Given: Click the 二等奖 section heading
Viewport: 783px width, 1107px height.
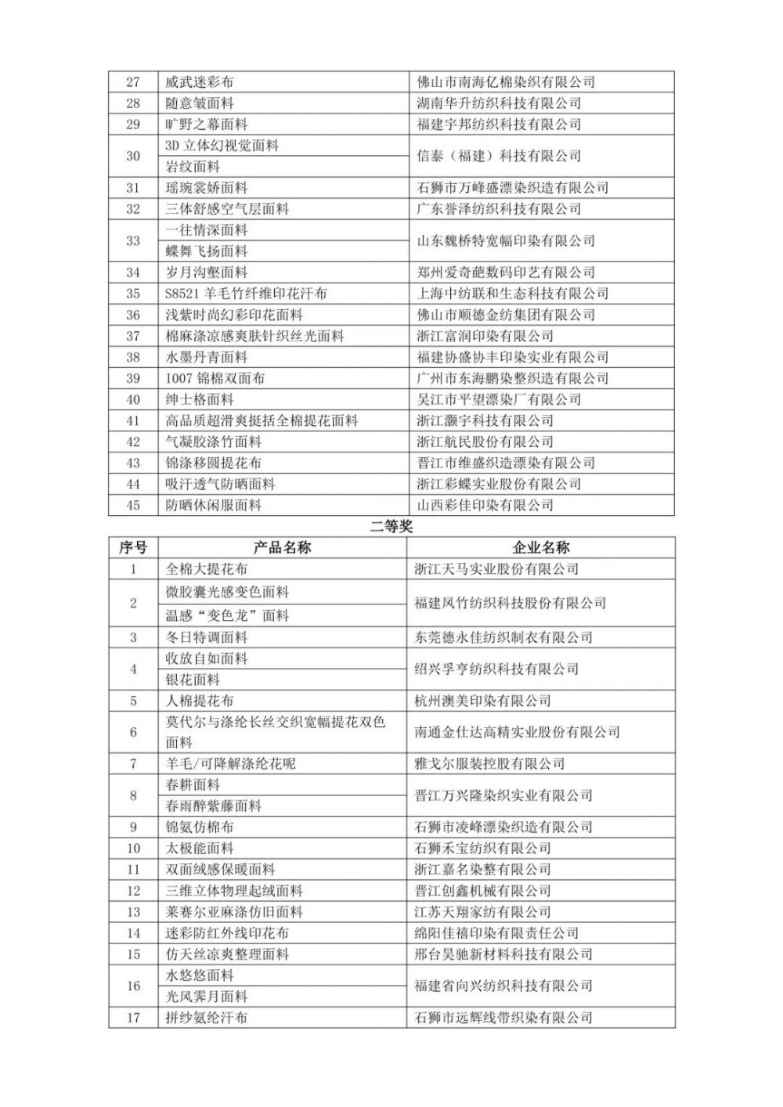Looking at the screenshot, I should (391, 527).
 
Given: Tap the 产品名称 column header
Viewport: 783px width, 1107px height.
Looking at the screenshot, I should (282, 547).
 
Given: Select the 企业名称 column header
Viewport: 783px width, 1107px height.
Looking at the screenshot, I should (540, 547).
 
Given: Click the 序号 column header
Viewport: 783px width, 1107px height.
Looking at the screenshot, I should (132, 547).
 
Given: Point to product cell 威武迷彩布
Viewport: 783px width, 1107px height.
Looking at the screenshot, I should (200, 82).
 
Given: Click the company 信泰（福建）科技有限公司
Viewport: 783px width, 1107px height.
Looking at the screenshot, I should (498, 156).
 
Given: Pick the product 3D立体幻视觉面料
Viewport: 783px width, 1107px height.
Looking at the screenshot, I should (222, 146).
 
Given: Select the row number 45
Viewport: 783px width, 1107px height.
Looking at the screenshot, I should (132, 505).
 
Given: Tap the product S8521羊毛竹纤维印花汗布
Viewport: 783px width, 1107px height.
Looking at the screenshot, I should (246, 294).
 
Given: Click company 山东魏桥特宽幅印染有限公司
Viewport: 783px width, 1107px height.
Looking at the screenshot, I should (505, 240).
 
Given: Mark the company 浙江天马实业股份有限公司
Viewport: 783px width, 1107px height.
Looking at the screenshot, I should (496, 569).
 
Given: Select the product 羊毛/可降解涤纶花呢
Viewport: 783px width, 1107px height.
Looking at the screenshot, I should (230, 763).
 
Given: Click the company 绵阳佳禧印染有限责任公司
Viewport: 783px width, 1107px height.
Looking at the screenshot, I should (496, 932).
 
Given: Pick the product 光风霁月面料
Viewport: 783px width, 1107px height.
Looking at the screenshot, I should (207, 997).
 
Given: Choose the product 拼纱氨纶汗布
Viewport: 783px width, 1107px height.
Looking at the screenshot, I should (207, 1018).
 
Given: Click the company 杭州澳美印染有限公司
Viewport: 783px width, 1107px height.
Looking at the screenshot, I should (482, 701).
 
